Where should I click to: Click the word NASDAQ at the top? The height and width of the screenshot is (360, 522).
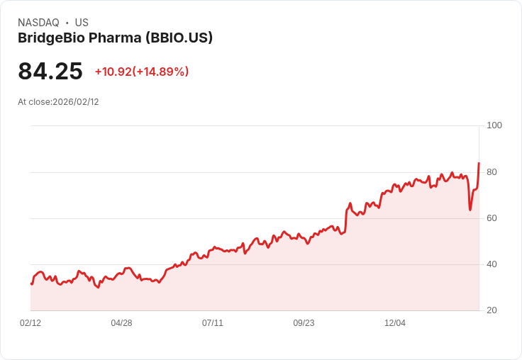tap(38, 23)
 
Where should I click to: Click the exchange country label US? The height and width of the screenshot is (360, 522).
tap(82, 23)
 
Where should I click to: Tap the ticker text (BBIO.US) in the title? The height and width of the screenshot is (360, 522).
tap(179, 38)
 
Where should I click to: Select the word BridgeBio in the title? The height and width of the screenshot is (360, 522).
tap(49, 38)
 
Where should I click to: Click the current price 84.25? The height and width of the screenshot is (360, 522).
tap(50, 72)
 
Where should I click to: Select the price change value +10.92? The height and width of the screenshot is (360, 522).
tap(113, 72)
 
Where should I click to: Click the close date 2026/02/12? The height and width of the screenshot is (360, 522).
tap(76, 102)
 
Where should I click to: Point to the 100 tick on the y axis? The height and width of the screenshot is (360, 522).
tap(494, 125)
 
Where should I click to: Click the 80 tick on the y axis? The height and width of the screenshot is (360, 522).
tap(492, 172)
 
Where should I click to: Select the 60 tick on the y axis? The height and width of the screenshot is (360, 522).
tap(492, 218)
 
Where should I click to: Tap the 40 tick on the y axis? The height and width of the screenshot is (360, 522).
tap(492, 264)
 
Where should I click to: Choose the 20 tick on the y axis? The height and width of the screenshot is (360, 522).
tap(492, 310)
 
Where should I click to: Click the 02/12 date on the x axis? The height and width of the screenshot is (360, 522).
tap(30, 323)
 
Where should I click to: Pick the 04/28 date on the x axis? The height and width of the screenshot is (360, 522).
tap(121, 323)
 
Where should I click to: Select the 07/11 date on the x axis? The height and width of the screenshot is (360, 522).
tap(213, 323)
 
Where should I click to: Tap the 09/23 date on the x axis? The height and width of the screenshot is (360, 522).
tap(304, 323)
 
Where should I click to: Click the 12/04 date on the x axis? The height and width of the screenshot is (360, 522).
tap(395, 323)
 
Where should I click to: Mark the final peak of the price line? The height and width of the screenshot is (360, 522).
tap(479, 164)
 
